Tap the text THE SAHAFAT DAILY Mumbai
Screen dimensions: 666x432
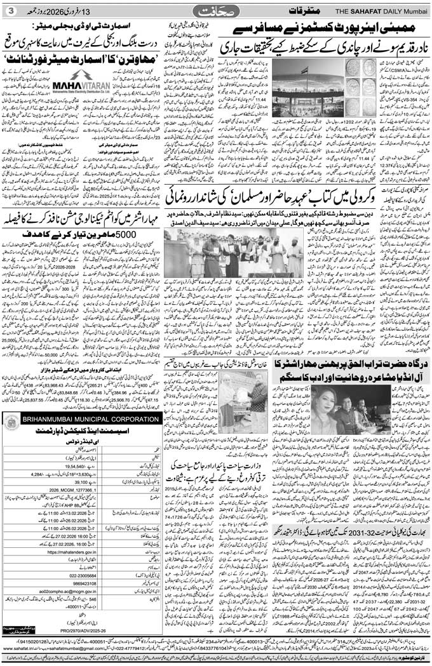[x=379, y=11]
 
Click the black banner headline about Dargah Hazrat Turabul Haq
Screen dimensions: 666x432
[x=343, y=368]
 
